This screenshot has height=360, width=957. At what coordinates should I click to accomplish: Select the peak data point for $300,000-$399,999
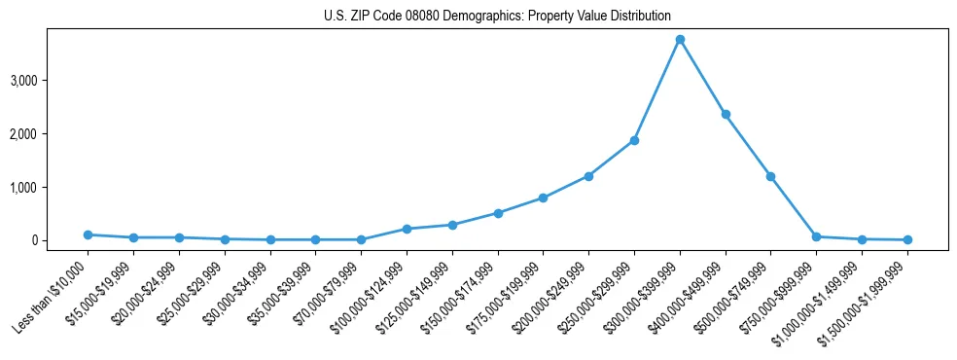[x=680, y=39]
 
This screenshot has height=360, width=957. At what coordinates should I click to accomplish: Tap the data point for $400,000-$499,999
[x=726, y=114]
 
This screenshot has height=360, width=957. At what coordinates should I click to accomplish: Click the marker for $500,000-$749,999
[x=770, y=176]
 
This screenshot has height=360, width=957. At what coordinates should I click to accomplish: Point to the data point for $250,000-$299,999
[x=634, y=140]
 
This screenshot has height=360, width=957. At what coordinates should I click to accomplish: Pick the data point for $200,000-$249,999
[x=588, y=176]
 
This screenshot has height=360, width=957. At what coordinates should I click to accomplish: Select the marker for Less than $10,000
[x=88, y=234]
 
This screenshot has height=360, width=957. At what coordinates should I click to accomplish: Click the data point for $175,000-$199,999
[x=543, y=198]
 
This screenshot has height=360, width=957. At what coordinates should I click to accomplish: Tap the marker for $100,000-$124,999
[x=407, y=229]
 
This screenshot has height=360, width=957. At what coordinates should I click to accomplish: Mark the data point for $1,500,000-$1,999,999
[x=907, y=239]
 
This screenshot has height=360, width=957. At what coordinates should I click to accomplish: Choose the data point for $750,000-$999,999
[x=816, y=236]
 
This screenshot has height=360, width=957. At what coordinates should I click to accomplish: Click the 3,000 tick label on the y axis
[x=23, y=80]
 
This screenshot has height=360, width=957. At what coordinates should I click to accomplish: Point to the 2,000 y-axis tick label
[x=23, y=133]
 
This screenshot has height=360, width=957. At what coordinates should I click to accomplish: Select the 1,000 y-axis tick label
[x=23, y=187]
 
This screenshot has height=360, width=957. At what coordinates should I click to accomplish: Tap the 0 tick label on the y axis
[x=33, y=240]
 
